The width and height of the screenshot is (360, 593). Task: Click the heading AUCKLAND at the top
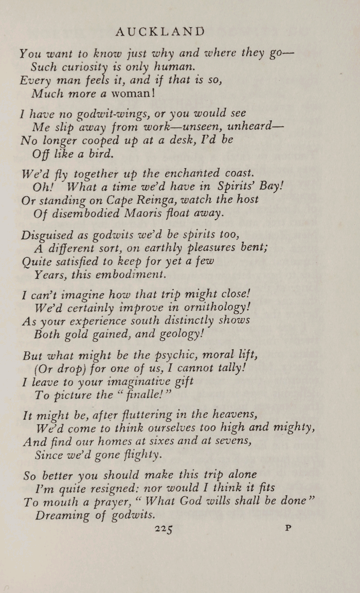tap(160, 32)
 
